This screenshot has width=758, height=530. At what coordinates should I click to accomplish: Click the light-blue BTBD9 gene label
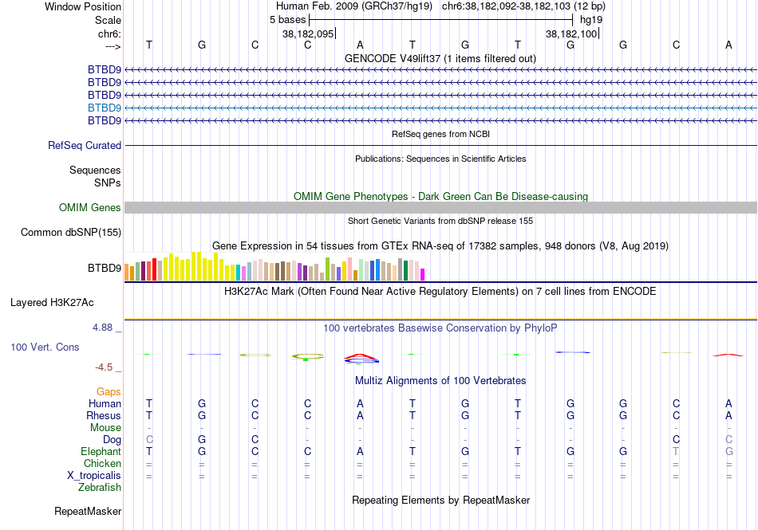(105, 108)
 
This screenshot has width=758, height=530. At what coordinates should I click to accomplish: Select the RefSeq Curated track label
(85, 146)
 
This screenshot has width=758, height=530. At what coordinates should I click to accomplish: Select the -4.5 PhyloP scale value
(106, 367)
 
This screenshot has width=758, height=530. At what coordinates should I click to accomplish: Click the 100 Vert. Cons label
(45, 347)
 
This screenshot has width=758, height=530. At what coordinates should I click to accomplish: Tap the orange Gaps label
(109, 392)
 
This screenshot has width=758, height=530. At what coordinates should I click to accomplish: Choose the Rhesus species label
(104, 415)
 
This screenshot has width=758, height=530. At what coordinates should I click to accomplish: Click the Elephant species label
(101, 451)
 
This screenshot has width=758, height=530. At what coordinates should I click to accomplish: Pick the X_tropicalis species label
(94, 476)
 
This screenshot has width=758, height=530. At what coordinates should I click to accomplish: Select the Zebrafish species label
(100, 487)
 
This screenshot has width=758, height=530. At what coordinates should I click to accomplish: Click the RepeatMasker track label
(88, 511)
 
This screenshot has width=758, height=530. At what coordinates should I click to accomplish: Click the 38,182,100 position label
(570, 34)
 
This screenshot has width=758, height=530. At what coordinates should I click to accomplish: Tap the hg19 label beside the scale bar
(591, 19)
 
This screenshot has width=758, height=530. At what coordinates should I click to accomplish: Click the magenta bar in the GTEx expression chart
(423, 274)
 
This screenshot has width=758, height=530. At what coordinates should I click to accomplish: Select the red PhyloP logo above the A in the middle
(360, 355)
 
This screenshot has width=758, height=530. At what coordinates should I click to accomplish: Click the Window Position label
(83, 7)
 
